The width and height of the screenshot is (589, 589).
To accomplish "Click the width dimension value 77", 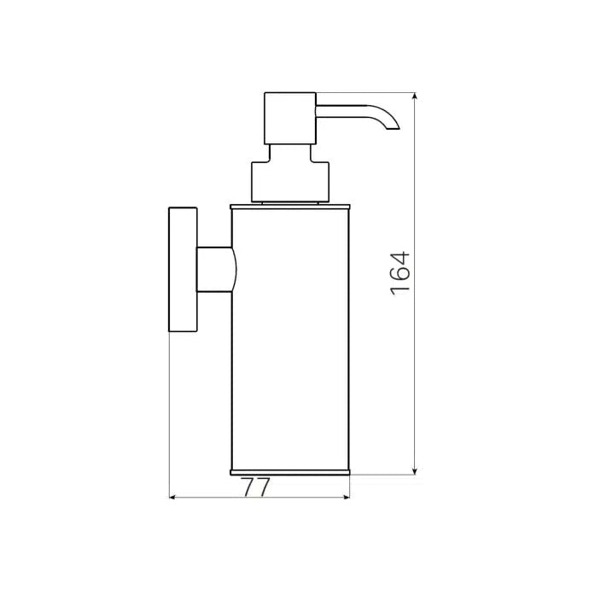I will tap(256, 487).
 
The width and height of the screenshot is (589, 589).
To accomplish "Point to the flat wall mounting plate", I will tap(183, 269).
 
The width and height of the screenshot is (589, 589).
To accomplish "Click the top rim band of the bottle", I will tap(290, 206).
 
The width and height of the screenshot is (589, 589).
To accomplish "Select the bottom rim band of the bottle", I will tap(290, 471).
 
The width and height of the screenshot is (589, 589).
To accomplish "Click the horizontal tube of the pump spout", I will tap(346, 108).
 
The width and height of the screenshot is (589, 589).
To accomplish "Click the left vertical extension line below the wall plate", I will tap(170, 410).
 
